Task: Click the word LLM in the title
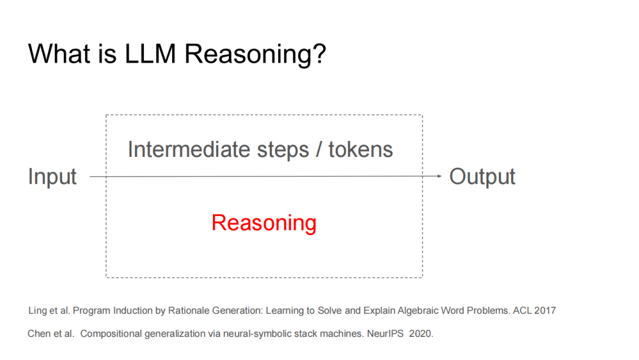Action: point(150,53)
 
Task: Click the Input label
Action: point(52,177)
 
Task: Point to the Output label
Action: point(482,176)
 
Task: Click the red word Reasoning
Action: point(264,223)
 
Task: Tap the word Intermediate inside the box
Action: point(189,149)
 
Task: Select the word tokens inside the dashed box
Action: point(361,149)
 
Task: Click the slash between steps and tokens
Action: point(319,149)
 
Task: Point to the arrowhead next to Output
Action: point(439,176)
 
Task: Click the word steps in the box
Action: point(283,150)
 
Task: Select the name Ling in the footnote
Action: point(37,311)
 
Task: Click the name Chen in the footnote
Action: point(38,334)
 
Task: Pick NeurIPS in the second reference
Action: point(385,334)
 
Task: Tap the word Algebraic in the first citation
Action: point(418,311)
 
